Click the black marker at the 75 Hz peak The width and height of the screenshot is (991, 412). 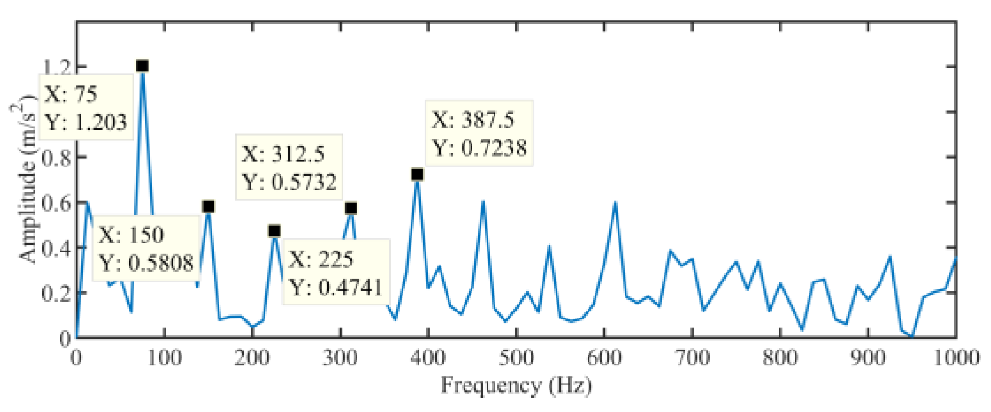142,66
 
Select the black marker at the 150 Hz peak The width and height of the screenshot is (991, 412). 208,207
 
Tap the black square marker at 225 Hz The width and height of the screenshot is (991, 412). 274,231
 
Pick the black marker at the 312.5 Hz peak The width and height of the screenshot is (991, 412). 351,208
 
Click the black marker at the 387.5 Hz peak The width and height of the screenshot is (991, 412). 417,174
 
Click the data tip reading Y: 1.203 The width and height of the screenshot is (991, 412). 86,108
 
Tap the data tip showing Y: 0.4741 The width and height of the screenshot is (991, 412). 336,272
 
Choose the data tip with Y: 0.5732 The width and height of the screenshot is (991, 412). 289,168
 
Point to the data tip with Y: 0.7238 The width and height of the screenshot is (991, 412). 479,134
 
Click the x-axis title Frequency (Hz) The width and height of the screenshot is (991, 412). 516,385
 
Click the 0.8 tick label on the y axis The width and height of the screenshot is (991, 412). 57,157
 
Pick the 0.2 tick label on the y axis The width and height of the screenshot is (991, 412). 57,292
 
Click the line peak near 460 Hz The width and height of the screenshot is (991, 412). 483,202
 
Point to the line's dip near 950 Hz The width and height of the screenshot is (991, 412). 912,336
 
